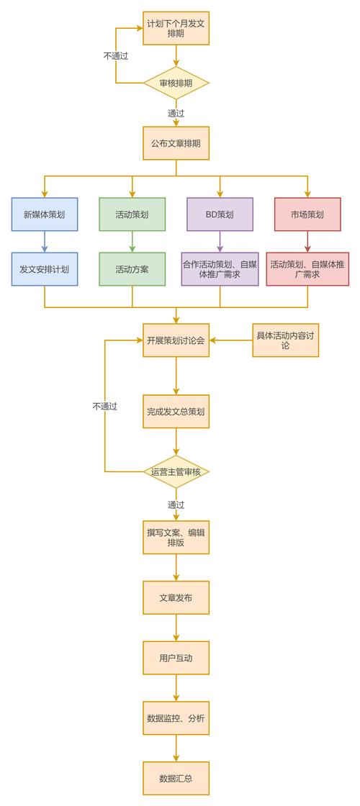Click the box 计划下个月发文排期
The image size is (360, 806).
coord(176,29)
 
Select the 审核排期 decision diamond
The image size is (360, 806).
coord(176,83)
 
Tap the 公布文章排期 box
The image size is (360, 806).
coord(176,143)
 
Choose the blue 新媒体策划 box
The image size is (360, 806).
coord(45,214)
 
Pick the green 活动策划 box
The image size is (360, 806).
coord(132,214)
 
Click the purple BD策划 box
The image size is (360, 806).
coord(220,214)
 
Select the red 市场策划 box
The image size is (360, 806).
coord(307,214)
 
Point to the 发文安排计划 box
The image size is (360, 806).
coord(45,269)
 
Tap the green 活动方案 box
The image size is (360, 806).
coord(132,269)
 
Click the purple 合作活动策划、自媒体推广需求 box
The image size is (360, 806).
coord(220,269)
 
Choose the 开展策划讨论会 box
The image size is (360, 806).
coord(176,340)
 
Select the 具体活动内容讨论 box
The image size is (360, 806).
coord(285,340)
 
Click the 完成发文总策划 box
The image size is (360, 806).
coord(176,412)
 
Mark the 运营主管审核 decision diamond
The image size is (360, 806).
coord(176,472)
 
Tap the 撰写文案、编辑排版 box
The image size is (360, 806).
coord(176,538)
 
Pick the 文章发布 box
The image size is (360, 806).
coord(176,597)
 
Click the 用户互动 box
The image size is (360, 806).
coord(176,658)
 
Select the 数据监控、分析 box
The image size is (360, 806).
coord(176,717)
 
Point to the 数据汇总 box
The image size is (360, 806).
coord(176,778)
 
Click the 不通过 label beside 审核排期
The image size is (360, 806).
coord(115,55)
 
